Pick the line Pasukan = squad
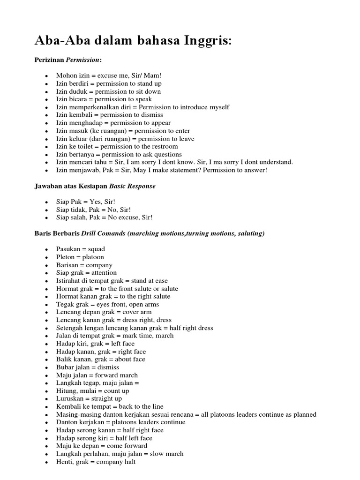point(81,249)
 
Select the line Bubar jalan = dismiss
point(87,367)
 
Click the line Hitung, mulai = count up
point(92,391)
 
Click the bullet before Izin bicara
point(46,99)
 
